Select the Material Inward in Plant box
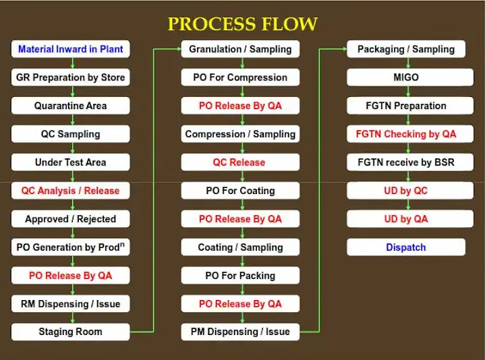coord(70,49)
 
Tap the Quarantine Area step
coord(70,106)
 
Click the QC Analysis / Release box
coord(70,190)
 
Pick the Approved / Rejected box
coord(70,219)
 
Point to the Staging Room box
coord(70,332)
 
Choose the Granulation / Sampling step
coord(240,49)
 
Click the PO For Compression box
coord(240,77)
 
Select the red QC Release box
coord(240,162)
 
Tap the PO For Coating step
coord(240,190)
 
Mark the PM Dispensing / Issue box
coord(240,332)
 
